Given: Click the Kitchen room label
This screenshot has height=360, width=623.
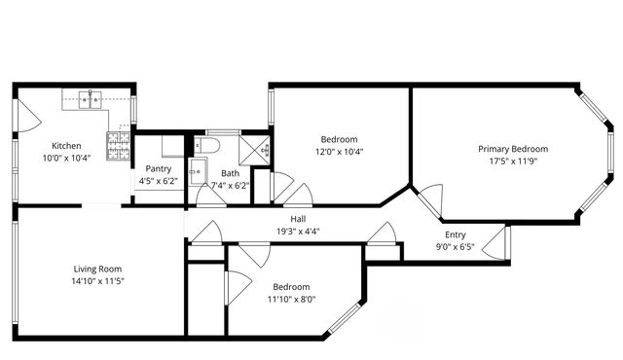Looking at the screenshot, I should click(x=65, y=146).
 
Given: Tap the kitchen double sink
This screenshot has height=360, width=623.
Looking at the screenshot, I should click(x=92, y=98).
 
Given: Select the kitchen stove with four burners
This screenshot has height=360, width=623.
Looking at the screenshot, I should click(x=119, y=149).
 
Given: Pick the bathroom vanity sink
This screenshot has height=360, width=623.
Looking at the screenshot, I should click(x=197, y=170).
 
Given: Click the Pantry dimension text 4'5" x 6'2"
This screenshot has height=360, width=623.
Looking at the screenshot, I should click(x=160, y=181).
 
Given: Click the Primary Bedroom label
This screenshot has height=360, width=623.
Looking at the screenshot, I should click(x=512, y=149).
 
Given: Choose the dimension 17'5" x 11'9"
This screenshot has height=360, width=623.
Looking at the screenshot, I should click(x=512, y=162).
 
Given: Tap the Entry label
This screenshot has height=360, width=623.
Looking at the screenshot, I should click(x=455, y=235).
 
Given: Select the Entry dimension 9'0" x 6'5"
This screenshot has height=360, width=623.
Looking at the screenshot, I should click(x=455, y=248).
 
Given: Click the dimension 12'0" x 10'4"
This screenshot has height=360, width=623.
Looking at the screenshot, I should click(x=339, y=152).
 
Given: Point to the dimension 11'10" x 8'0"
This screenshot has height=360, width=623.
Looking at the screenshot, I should click(x=291, y=300).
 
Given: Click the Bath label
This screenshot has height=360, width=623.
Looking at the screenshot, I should click(x=229, y=173).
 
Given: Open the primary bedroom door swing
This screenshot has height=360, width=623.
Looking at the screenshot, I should click(x=427, y=201).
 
